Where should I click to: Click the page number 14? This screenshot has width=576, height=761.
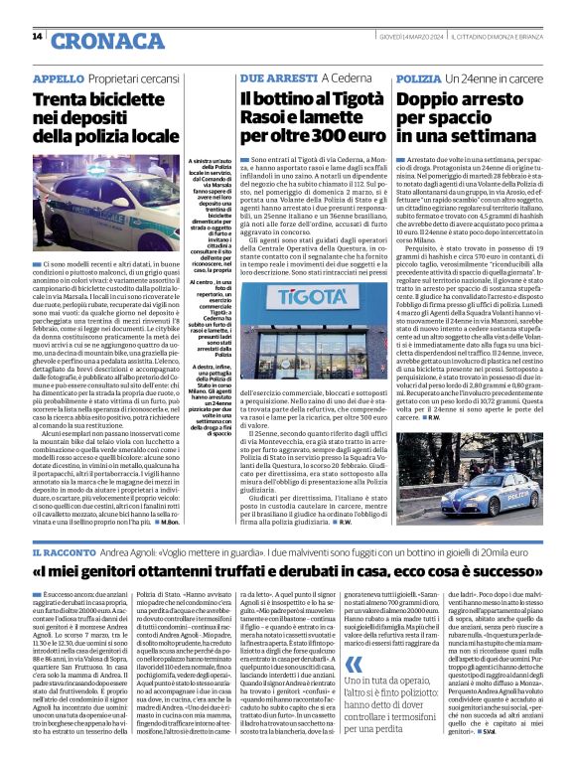point(37,37)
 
